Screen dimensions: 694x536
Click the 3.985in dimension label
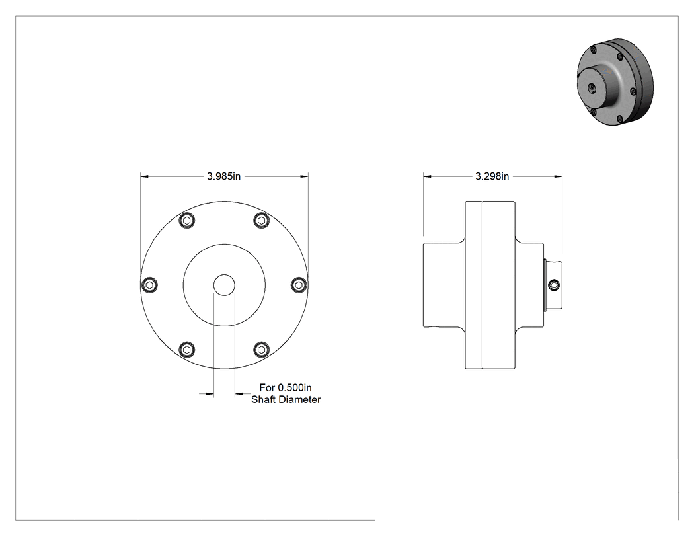(223, 176)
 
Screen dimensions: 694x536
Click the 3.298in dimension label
(492, 176)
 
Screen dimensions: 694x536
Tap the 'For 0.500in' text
(286, 387)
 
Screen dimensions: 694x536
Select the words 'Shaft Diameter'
(286, 399)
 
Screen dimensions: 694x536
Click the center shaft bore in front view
(224, 285)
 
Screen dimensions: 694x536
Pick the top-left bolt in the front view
(187, 220)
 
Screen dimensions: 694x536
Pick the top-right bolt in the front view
(262, 220)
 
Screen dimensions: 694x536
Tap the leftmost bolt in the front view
(149, 284)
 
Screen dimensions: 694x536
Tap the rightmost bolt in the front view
(299, 284)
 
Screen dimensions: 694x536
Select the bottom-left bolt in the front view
(187, 349)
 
